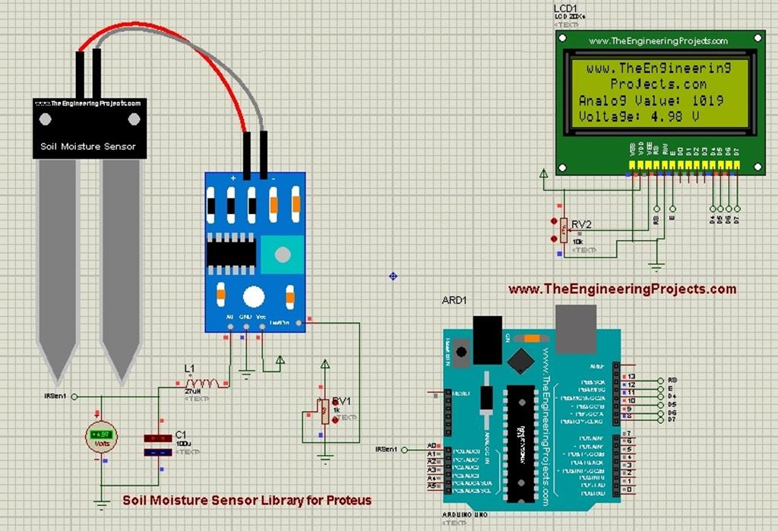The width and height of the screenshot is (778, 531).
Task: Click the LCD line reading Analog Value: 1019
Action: (650, 100)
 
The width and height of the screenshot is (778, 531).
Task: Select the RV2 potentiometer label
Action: (581, 225)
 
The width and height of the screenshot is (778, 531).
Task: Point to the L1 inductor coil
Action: (206, 383)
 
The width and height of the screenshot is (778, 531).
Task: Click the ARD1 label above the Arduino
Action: (454, 300)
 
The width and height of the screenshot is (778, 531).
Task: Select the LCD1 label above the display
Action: (566, 9)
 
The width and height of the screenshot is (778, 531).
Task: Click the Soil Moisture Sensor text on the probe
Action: (88, 146)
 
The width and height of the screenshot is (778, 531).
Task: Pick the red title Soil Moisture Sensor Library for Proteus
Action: (247, 501)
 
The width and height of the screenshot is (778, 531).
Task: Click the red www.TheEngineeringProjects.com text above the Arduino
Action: (621, 289)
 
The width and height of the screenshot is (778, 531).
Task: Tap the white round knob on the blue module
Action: (253, 296)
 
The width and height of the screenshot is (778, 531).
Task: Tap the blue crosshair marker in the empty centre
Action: (393, 276)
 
